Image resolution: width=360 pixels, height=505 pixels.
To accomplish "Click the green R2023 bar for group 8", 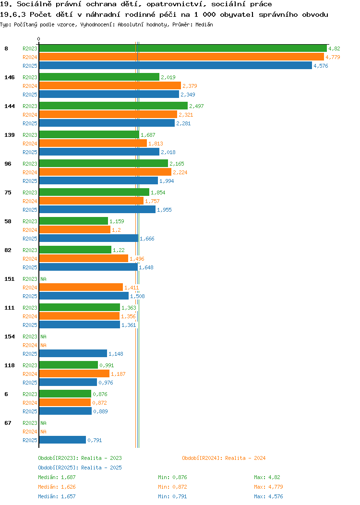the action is (x=183, y=48).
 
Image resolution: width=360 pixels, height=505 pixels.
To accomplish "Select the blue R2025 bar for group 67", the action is (x=62, y=440).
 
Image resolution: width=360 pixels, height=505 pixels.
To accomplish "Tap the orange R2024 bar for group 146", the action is (x=110, y=85).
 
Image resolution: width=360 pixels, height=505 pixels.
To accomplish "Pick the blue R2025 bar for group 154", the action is (x=73, y=354).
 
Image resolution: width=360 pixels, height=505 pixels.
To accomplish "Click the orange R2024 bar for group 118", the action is (x=74, y=373).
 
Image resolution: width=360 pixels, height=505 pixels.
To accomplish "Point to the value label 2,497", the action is (x=196, y=106).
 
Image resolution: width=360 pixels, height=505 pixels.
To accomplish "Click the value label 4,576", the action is (x=321, y=66).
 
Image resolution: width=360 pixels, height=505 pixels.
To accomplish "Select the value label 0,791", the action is (x=95, y=440).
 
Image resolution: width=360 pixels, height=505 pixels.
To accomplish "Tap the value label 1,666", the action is (x=147, y=239).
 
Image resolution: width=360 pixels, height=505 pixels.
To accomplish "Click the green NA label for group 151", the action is (x=44, y=279).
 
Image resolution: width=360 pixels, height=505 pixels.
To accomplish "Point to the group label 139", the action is (x=10, y=135).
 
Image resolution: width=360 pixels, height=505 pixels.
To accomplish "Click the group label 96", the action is (x=8, y=164).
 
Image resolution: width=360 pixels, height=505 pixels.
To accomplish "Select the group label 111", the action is (x=10, y=308).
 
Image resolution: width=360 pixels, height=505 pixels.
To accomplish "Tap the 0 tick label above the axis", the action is (x=39, y=39).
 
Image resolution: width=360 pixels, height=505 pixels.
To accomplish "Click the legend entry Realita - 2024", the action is (x=224, y=458).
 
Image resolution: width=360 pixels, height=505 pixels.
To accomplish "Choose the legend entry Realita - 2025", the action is (x=80, y=468).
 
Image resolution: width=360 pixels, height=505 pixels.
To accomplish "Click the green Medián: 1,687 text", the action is (x=57, y=477).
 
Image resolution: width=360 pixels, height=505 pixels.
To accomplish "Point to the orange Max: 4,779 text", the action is (x=268, y=487).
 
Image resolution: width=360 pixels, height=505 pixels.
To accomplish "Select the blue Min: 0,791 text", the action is (x=172, y=497).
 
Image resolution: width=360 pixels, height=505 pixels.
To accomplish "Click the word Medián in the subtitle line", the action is (x=204, y=24).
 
